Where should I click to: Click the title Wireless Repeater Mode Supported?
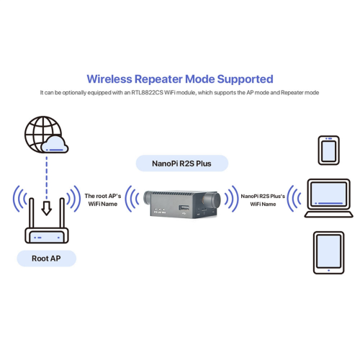coord(180,78)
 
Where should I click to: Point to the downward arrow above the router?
coord(47,207)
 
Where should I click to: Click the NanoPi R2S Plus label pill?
coord(180,163)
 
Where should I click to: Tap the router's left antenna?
coord(33,204)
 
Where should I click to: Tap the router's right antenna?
coord(61,204)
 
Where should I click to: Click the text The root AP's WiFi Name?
coord(103,199)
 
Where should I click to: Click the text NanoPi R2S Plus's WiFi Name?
coord(264,199)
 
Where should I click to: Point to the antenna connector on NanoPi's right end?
coord(215,199)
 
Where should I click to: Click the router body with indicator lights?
coord(47,235)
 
